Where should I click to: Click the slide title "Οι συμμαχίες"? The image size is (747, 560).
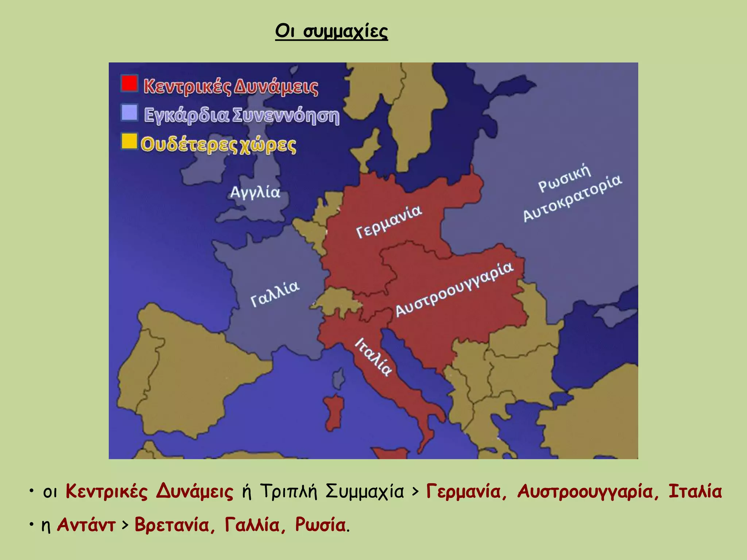coord(331,31)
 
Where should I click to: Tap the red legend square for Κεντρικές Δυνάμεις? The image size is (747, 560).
coord(129,83)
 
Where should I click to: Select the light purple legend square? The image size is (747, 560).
coord(129,112)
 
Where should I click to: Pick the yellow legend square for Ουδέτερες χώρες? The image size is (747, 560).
coord(129,141)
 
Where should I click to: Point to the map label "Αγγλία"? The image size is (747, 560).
coord(255,192)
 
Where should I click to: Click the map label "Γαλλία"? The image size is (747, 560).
coord(275,293)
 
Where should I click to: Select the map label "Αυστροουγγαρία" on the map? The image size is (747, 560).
coord(454,289)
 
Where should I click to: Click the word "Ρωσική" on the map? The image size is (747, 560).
coord(564,178)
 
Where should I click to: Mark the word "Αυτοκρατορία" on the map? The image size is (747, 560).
coord(573,198)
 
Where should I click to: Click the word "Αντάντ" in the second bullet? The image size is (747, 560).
coord(86,525)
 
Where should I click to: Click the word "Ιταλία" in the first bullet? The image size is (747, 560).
coord(695,491)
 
